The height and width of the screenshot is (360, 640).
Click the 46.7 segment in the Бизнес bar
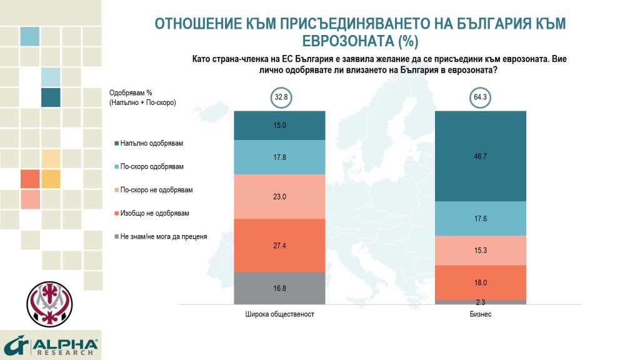click(480, 156)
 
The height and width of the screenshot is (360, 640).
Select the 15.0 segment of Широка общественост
click(280, 125)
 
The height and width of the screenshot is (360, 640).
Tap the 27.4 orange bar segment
click(280, 245)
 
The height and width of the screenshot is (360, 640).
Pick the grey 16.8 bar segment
click(280, 288)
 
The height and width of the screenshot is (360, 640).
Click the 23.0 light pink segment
click(280, 196)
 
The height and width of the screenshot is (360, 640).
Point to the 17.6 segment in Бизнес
click(480, 218)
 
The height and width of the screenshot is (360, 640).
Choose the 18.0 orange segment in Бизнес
click(480, 282)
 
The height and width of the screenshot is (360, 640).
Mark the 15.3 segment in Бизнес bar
click(480, 250)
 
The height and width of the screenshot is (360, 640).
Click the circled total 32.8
click(280, 97)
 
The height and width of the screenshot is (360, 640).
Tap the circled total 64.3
click(480, 97)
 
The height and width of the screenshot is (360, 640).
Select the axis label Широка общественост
click(279, 314)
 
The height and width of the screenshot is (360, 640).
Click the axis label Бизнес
click(480, 314)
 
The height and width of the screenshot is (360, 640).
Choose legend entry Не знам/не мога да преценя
click(164, 236)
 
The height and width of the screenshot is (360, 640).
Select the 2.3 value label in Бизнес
click(480, 301)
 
